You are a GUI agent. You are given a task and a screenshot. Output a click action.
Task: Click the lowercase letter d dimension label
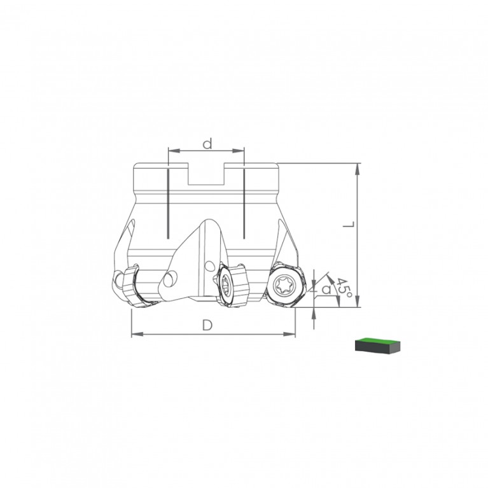point(207,144)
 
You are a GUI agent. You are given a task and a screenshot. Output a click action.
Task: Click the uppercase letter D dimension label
point(207,325)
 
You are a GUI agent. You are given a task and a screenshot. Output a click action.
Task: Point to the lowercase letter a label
point(326,289)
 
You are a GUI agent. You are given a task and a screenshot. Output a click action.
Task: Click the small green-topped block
point(377,345)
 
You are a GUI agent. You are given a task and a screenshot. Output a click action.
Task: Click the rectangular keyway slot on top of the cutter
point(206,174)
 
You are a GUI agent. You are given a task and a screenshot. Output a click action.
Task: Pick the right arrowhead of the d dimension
point(239,151)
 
